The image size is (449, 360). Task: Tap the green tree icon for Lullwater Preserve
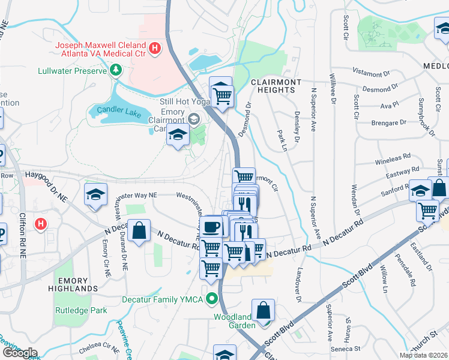point(115,70)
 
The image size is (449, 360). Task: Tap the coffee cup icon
point(211,227)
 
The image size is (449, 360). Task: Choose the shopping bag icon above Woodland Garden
point(263,311)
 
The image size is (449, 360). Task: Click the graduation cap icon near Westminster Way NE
point(95,196)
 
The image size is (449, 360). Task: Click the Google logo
point(20,352)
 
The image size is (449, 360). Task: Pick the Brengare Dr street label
point(377,122)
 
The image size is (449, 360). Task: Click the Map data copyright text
point(424,355)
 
